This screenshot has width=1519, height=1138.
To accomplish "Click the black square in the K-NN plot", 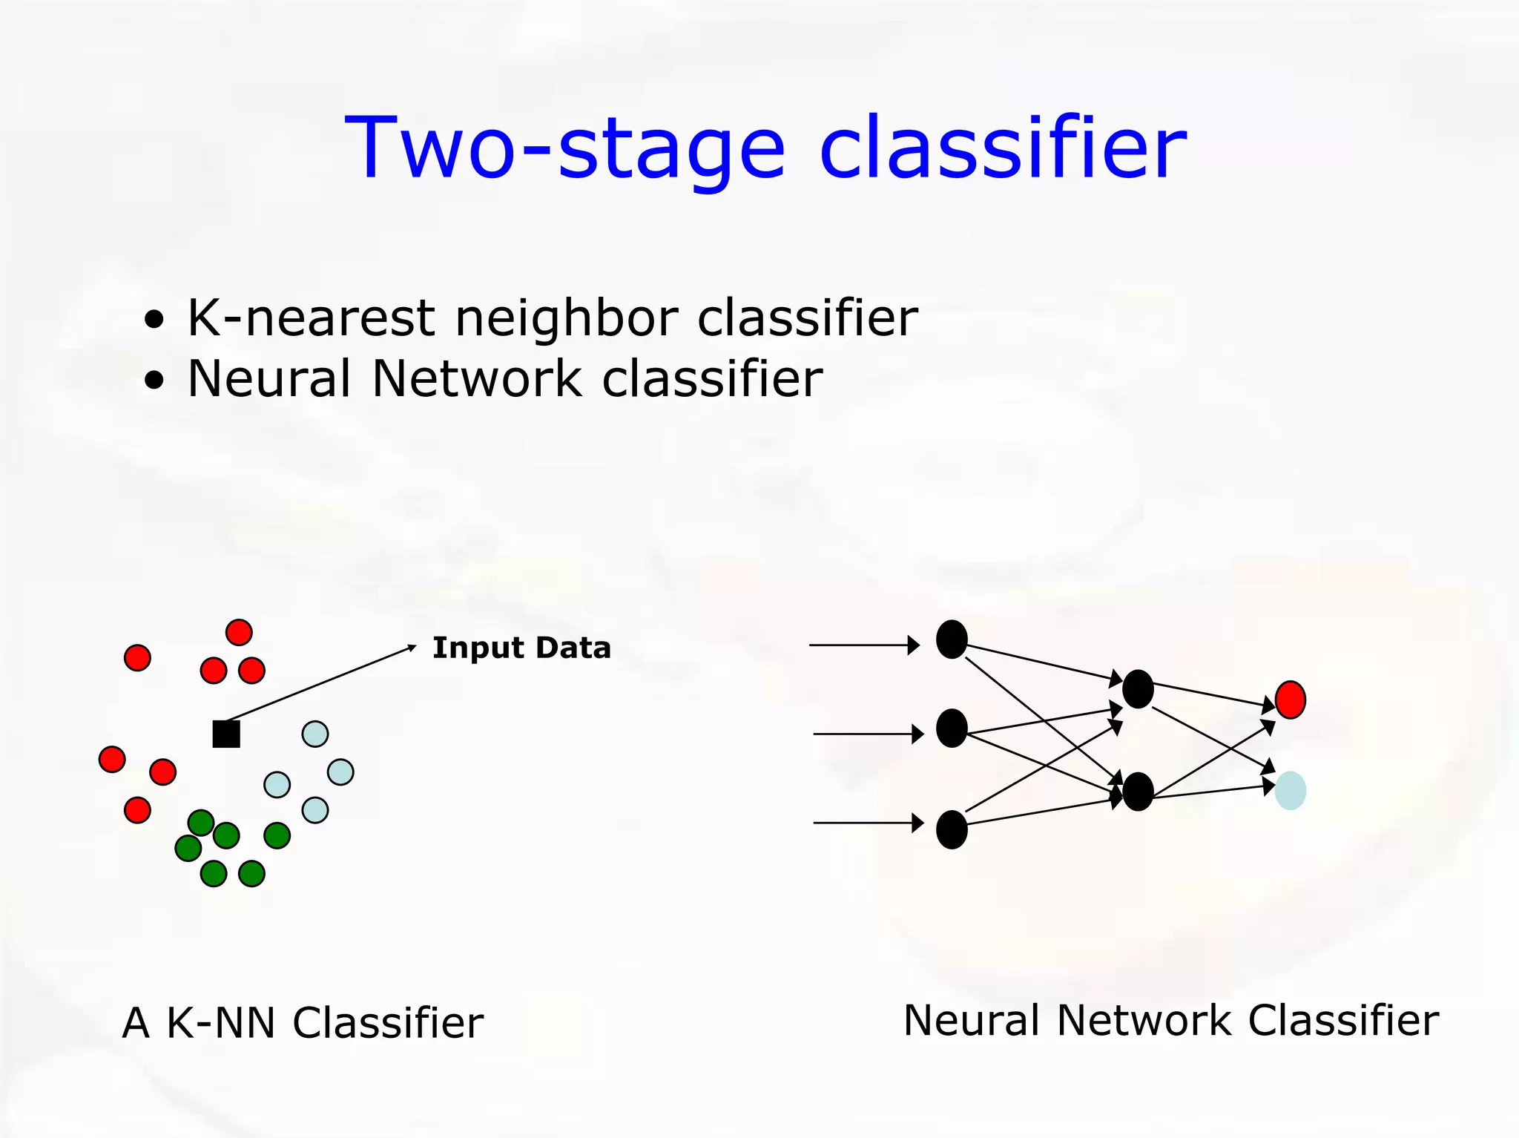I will tap(226, 734).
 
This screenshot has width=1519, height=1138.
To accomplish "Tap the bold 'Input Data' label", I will tap(521, 648).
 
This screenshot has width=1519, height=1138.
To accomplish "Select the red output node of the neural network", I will tap(1290, 700).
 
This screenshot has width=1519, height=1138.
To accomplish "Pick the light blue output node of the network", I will tap(1290, 790).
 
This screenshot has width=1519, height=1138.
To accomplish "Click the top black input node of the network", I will tap(952, 639).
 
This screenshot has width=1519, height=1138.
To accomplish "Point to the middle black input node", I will tap(952, 728).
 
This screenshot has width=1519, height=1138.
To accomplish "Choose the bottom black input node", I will tap(952, 829).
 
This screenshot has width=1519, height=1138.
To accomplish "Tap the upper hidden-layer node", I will tap(1138, 688).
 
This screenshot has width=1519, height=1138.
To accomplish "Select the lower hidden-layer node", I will tap(1138, 791).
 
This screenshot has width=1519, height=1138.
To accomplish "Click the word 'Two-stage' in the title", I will tap(564, 148).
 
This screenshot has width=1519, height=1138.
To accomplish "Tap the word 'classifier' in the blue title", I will tap(1003, 148).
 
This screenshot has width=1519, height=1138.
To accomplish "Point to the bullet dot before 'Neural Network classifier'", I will tap(154, 381).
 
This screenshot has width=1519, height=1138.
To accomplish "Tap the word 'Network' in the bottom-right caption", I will tap(1146, 1020).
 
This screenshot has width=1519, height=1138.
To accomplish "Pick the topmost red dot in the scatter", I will tap(239, 632).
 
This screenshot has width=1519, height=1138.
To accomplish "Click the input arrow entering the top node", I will tap(864, 645).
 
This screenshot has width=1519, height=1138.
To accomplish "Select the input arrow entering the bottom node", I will tap(868, 823).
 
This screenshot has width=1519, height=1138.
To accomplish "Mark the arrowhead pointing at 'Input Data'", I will tap(412, 648).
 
